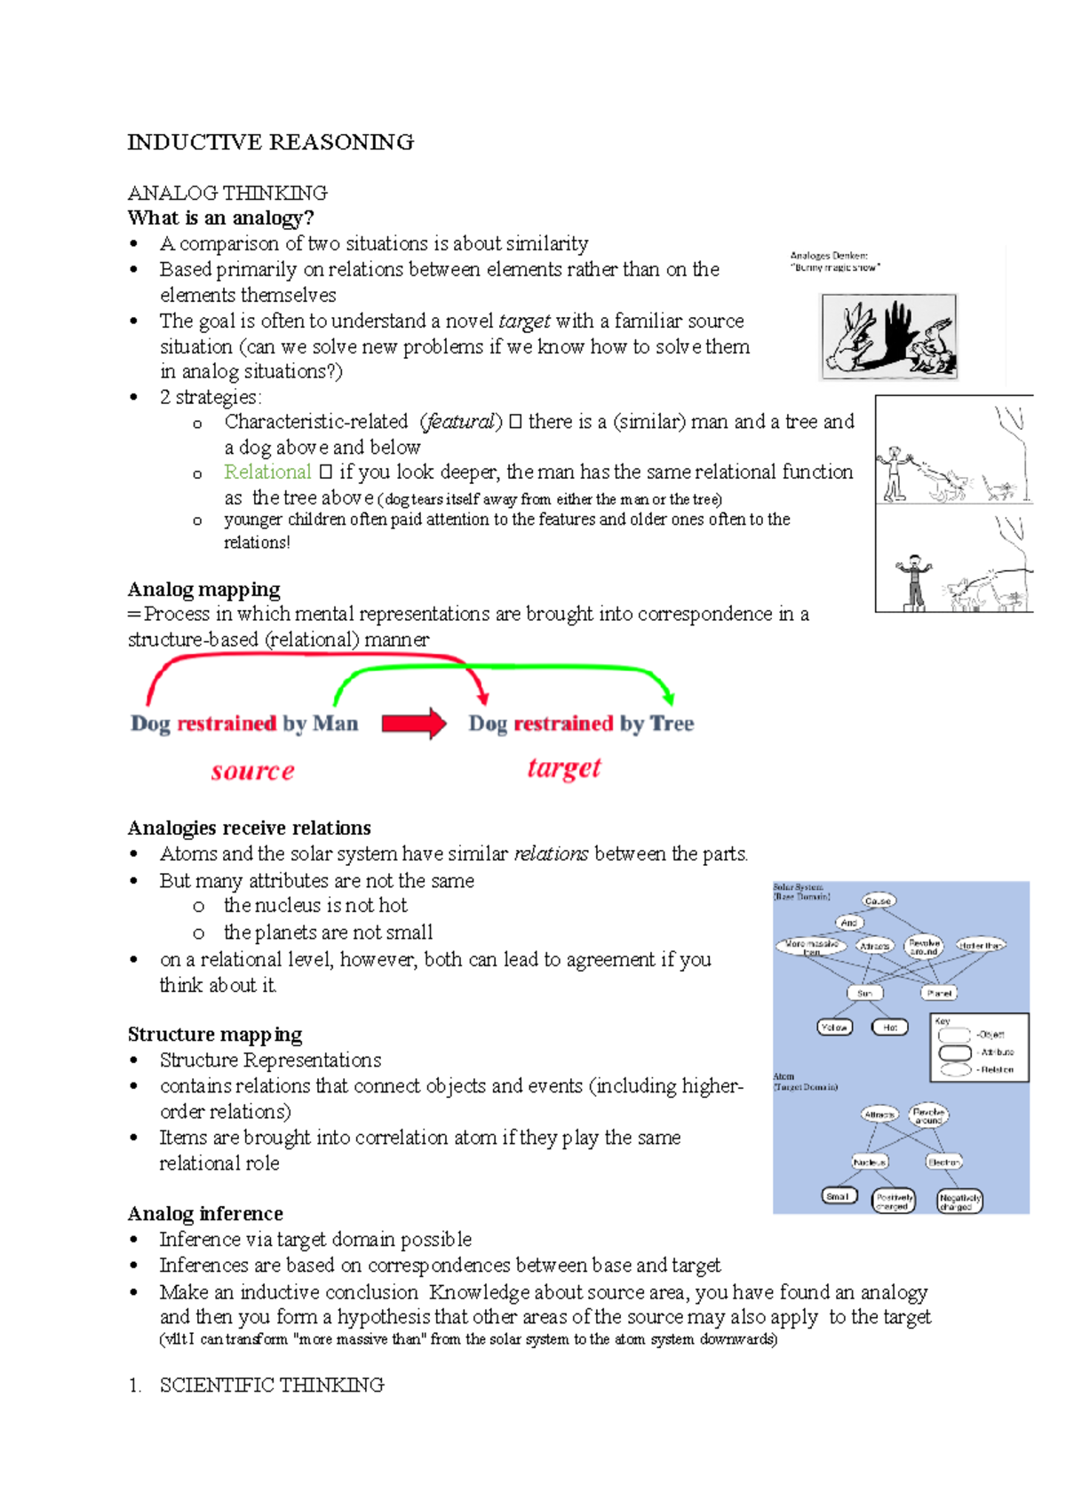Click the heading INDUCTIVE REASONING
pos(270,142)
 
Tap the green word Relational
pos(267,472)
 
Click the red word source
pos(252,771)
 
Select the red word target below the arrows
pos(564,767)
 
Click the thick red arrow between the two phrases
pos(413,724)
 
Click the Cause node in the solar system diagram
pos(878,901)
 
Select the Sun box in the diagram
pos(864,993)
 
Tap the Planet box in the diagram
pos(938,993)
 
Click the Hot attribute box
pos(890,1028)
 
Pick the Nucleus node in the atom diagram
pos(870,1162)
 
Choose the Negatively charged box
pos(959,1202)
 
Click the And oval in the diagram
pos(849,923)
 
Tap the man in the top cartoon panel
pos(895,472)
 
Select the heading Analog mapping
pos(203,590)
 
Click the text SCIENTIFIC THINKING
pos(272,1385)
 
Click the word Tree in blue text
pos(672,724)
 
